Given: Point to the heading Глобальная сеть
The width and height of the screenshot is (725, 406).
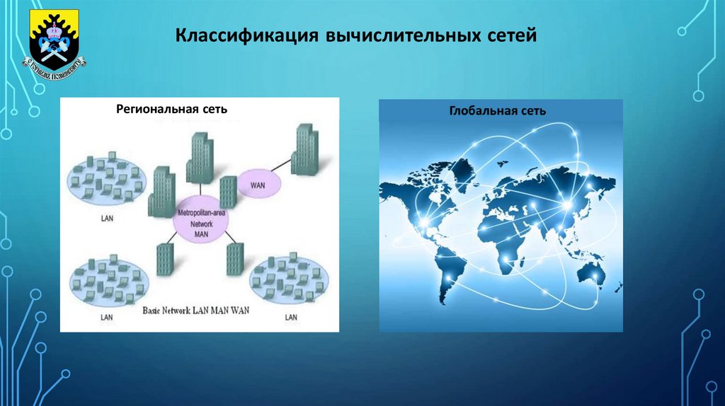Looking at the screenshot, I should (498, 111).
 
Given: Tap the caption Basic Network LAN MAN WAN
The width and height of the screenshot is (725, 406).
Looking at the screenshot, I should (201, 311).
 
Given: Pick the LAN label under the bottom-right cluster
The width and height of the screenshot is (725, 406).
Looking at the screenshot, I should (291, 318).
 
